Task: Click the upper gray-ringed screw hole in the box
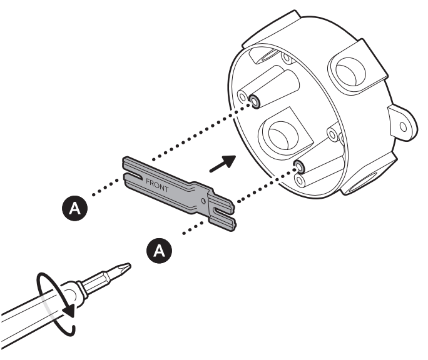coord(255,101)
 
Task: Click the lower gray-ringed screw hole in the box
coord(299,166)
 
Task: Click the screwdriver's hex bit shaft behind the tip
coord(103,279)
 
